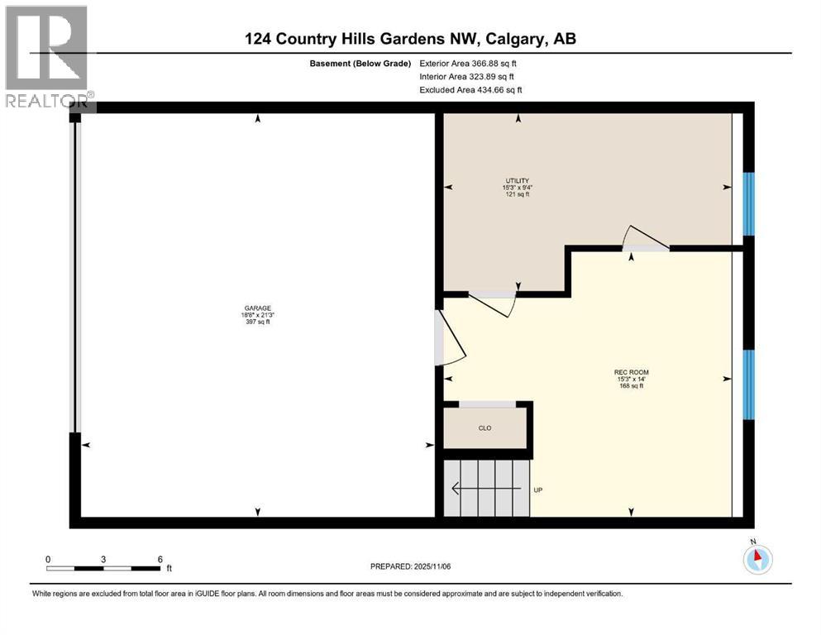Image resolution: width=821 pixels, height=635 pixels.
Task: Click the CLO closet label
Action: (x=485, y=428)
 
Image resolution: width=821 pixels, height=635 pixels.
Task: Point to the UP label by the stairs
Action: (x=537, y=489)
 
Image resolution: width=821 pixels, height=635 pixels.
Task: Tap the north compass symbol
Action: (x=757, y=558)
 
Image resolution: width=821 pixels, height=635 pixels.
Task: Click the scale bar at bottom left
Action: (x=103, y=567)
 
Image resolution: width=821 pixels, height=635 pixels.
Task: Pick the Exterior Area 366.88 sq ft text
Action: (x=468, y=63)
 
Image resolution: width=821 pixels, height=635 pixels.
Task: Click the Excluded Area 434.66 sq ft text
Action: (x=470, y=89)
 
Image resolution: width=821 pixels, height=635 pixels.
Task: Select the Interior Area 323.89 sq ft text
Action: (x=468, y=76)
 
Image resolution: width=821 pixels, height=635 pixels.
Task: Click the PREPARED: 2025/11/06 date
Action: (x=410, y=567)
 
